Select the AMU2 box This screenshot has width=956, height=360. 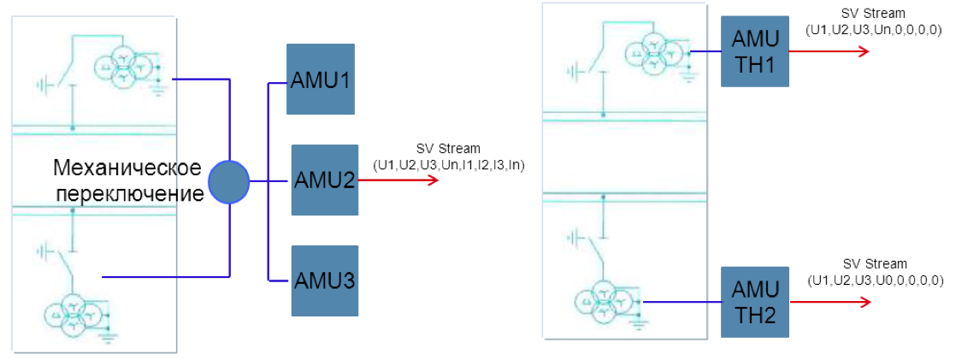point(324,180)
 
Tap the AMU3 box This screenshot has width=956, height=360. point(324,280)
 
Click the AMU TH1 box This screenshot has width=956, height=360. point(754,51)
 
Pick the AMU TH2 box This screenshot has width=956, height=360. point(754,303)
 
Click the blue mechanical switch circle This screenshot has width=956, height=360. point(229,181)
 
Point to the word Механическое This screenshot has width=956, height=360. point(127,167)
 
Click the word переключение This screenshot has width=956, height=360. point(130,193)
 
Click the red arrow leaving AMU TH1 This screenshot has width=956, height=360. point(829,51)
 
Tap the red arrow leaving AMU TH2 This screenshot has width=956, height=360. point(829,303)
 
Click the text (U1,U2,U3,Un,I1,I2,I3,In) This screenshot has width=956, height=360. point(448,162)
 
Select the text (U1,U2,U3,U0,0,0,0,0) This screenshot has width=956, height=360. point(875,280)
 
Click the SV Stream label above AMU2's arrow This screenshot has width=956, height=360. point(448,149)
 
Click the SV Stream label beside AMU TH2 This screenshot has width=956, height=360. point(875,264)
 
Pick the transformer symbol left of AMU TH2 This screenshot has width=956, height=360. point(603,302)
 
